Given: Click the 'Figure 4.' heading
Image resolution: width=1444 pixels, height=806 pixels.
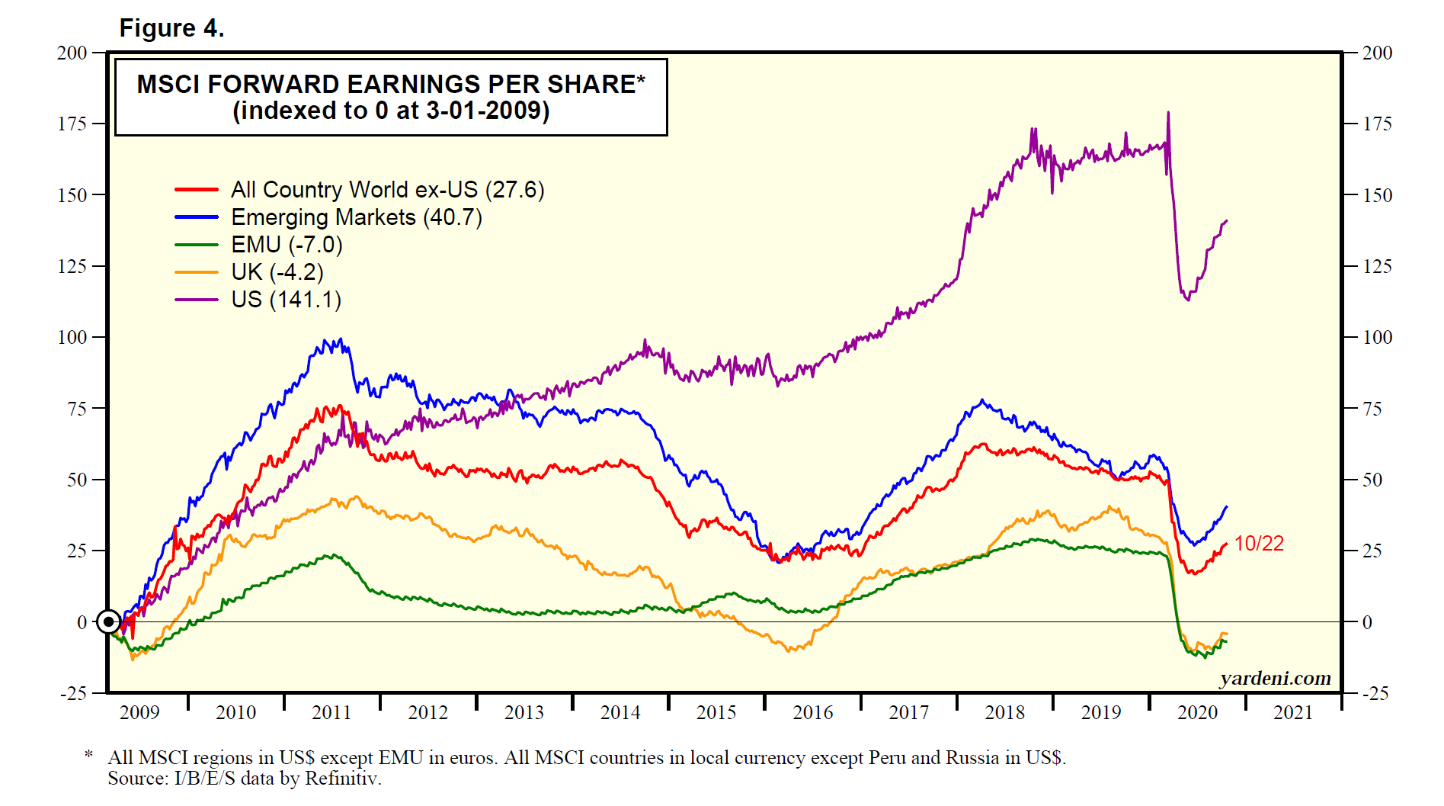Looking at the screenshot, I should pyautogui.click(x=171, y=28).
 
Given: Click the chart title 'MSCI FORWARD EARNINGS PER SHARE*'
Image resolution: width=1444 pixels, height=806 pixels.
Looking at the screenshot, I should pyautogui.click(x=391, y=84).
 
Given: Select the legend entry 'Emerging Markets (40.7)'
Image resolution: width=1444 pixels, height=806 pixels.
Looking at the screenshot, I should pyautogui.click(x=357, y=217).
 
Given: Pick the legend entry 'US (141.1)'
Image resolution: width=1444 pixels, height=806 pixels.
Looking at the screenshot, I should pyautogui.click(x=286, y=300).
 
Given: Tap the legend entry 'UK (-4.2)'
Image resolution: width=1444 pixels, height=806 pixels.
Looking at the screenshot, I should pyautogui.click(x=277, y=272).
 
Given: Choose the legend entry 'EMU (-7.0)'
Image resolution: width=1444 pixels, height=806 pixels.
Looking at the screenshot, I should pyautogui.click(x=287, y=245).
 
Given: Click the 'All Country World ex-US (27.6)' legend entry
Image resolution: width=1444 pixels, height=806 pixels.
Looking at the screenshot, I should pyautogui.click(x=388, y=190).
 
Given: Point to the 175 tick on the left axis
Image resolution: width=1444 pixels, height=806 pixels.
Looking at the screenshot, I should pyautogui.click(x=72, y=124).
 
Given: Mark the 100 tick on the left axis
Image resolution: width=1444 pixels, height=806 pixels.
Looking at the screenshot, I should pyautogui.click(x=72, y=337).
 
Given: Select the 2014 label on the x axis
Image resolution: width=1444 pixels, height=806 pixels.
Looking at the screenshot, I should pyautogui.click(x=620, y=713).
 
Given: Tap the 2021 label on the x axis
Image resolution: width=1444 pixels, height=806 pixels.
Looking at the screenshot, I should pyautogui.click(x=1293, y=713).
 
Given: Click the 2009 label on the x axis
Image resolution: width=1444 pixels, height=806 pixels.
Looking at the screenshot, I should pyautogui.click(x=139, y=713).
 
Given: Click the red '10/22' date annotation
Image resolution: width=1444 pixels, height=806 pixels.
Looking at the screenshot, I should pyautogui.click(x=1259, y=544).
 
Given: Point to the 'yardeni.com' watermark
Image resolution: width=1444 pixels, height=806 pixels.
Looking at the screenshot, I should pyautogui.click(x=1275, y=678).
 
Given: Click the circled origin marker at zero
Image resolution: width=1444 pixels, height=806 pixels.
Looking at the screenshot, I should pyautogui.click(x=109, y=621).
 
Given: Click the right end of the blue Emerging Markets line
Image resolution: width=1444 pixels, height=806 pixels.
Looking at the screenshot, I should pyautogui.click(x=1227, y=506).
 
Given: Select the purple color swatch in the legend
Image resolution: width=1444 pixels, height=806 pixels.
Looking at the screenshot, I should pyautogui.click(x=197, y=300).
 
